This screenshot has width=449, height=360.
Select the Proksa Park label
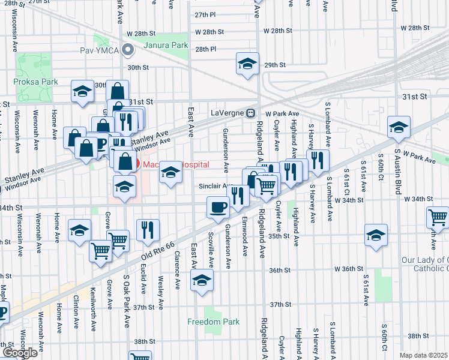[33, 81]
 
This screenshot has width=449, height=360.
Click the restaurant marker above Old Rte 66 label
[146, 229]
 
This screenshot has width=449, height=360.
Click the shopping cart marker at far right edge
[438, 217]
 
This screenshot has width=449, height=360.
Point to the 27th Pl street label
[205, 14]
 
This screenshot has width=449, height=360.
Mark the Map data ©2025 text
[423, 355]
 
